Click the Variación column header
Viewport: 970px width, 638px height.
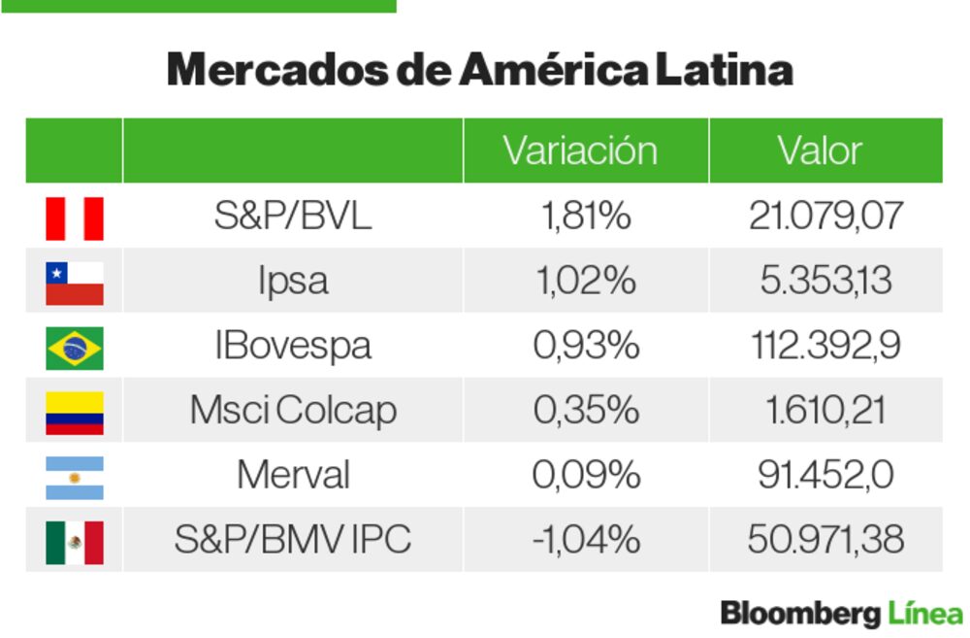(579, 151)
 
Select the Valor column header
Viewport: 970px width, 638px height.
(819, 151)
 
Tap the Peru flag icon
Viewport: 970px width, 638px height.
(75, 218)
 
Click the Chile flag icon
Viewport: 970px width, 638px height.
(75, 283)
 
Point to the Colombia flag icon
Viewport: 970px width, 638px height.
(75, 412)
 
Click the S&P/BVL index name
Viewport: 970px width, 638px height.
(292, 216)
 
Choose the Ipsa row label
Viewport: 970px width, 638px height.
(292, 281)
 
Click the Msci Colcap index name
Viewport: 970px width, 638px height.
(292, 410)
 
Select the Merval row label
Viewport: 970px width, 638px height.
(292, 475)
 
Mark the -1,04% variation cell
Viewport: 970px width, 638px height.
(585, 538)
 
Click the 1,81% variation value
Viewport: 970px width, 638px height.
(585, 216)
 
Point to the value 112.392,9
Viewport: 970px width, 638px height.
(824, 346)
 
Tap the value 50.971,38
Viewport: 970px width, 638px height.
(824, 538)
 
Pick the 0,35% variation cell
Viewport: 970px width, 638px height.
(585, 410)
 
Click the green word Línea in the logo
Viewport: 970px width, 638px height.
(925, 614)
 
